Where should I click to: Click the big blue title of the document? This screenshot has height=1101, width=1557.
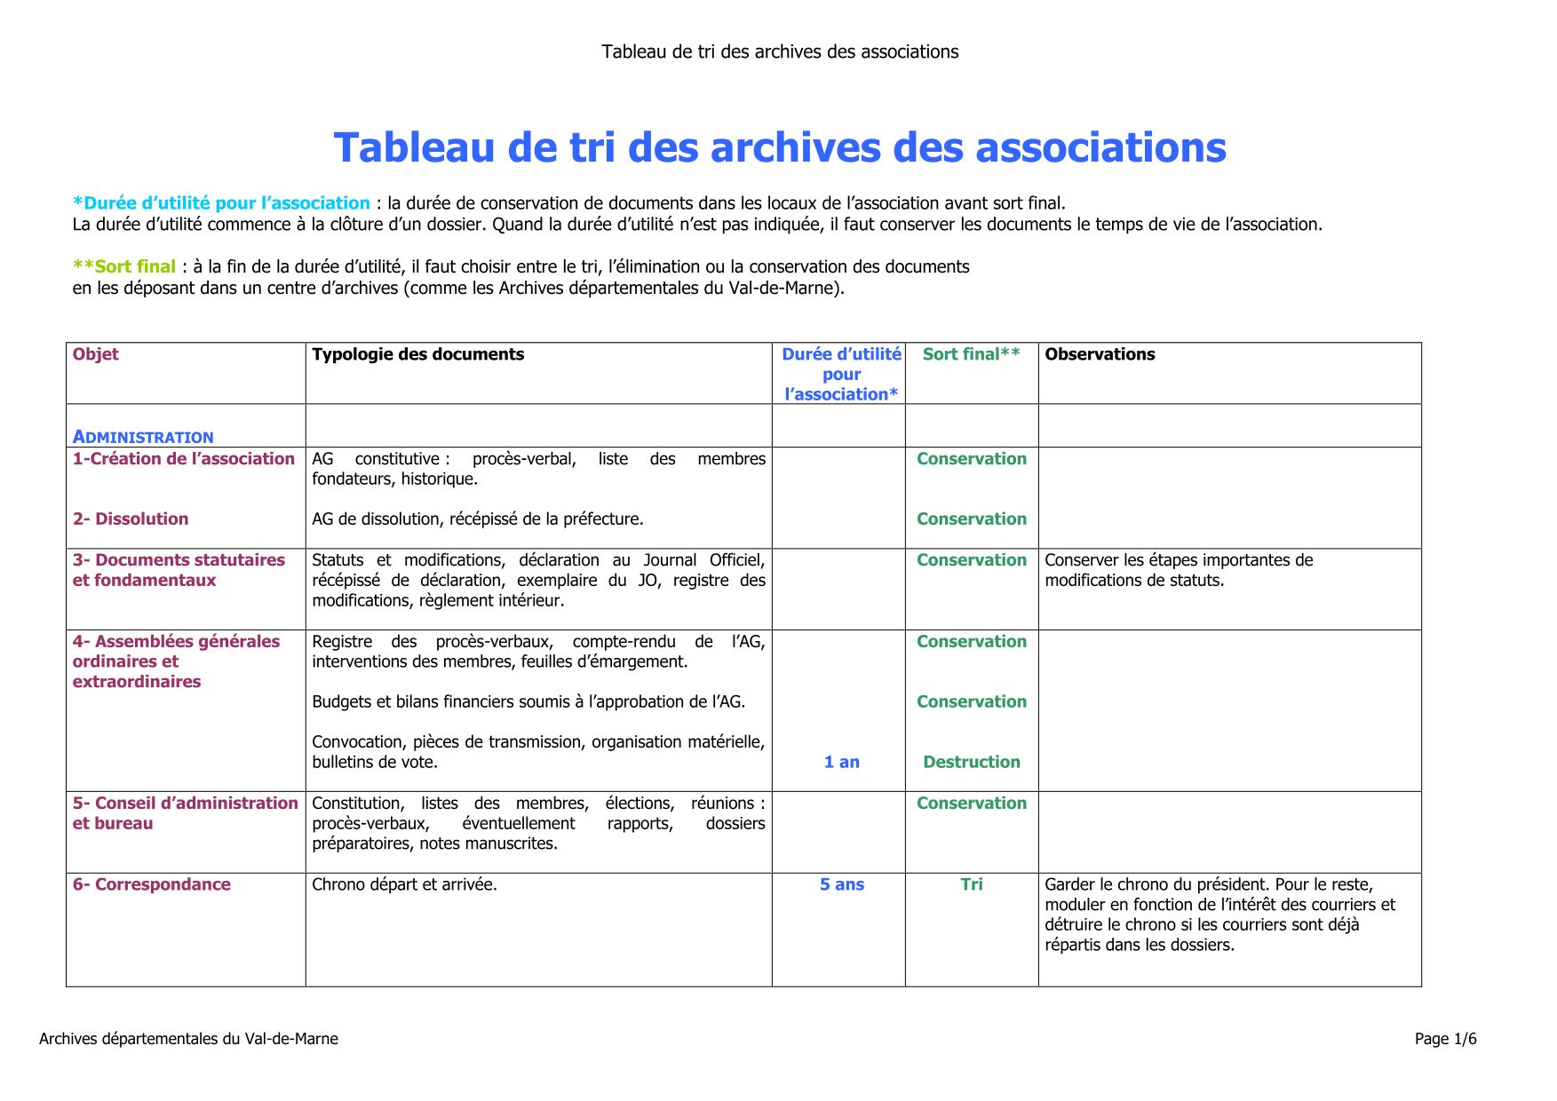tap(779, 147)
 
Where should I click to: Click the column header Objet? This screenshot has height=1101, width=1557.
tap(96, 354)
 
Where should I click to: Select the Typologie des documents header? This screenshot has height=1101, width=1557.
tap(417, 354)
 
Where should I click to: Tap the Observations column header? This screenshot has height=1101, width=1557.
tap(1100, 354)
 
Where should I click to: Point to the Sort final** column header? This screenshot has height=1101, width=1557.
tap(971, 354)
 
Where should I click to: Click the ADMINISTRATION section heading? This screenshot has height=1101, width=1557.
tap(143, 437)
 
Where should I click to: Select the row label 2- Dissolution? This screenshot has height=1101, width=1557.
tap(131, 519)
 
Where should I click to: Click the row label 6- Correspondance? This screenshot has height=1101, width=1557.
tap(152, 884)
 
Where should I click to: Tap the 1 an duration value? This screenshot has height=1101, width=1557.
tap(841, 762)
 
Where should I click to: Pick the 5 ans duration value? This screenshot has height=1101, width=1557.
tap(841, 884)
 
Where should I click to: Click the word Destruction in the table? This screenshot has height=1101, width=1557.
tap(971, 762)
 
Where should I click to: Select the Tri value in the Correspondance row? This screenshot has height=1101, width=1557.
tap(971, 884)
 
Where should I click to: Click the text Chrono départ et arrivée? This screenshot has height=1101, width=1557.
tap(404, 884)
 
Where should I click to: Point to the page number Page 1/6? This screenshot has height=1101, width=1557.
tap(1445, 1039)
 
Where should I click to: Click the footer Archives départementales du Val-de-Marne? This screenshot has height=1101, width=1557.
tap(188, 1039)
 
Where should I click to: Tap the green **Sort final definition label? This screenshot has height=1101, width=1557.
tap(124, 266)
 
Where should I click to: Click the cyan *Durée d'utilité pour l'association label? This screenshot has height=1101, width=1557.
tap(221, 203)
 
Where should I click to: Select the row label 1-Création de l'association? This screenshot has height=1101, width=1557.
tap(184, 459)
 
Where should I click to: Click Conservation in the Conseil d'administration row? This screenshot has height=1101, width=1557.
tap(971, 804)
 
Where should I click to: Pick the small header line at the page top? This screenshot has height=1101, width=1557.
tap(779, 51)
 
